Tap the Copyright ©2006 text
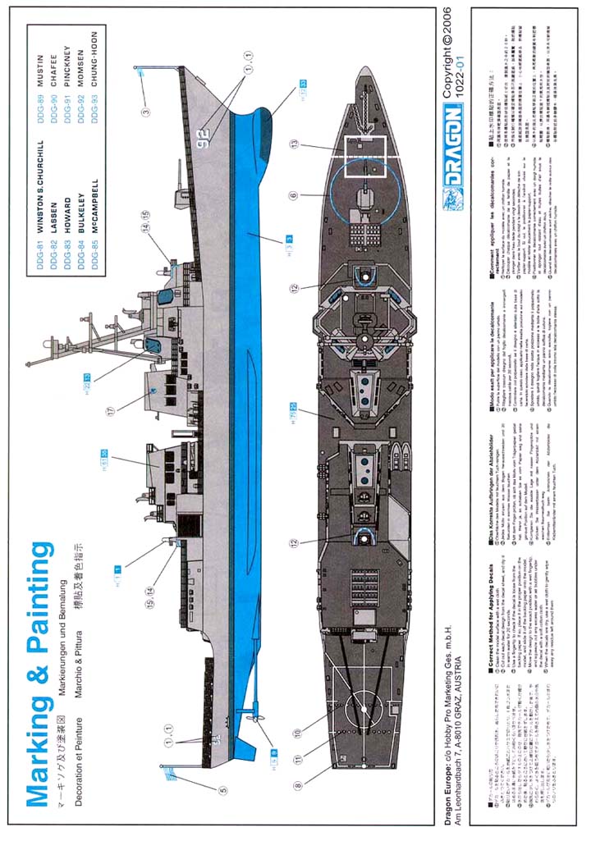[451, 62]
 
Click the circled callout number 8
[296, 785]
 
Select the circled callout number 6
[295, 194]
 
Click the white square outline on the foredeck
[364, 155]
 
